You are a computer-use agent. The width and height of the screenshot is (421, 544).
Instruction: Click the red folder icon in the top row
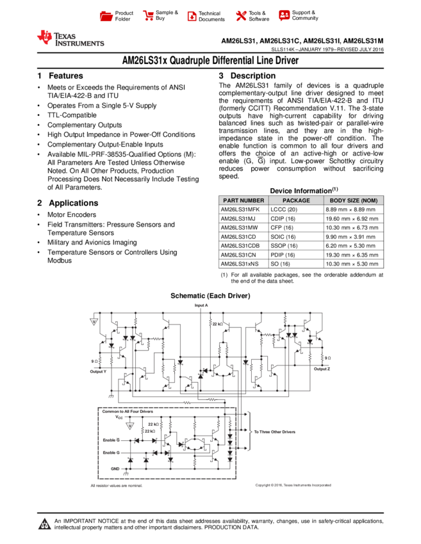106,16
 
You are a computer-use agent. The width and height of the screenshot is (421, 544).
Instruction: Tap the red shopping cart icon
149,16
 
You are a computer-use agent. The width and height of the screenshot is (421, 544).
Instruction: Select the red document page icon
192,16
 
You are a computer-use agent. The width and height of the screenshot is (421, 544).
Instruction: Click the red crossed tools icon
241,16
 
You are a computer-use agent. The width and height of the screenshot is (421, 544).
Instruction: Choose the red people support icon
285,15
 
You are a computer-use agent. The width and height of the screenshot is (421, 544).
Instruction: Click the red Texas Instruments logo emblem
45,37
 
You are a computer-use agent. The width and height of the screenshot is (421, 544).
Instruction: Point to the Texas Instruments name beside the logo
79,40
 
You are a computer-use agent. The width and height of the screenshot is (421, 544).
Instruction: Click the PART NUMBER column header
244,200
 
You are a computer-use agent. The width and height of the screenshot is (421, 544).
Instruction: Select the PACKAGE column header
296,200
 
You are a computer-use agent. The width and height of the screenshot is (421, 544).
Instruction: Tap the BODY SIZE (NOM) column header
354,200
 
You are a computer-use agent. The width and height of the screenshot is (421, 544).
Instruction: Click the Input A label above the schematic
201,305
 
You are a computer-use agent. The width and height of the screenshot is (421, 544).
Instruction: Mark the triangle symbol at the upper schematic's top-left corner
94,322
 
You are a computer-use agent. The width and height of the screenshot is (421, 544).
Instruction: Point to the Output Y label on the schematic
98,371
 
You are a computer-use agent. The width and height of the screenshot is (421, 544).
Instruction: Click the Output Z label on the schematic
322,369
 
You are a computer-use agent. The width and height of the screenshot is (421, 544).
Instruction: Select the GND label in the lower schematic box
115,468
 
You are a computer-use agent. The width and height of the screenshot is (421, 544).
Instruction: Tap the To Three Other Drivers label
274,432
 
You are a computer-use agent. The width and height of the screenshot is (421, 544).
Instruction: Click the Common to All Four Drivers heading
128,411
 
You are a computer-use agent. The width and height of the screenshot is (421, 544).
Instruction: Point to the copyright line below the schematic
293,486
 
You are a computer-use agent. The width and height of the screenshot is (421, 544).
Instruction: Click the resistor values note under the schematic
116,486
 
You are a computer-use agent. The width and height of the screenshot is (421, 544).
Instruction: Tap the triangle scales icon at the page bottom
44,524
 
